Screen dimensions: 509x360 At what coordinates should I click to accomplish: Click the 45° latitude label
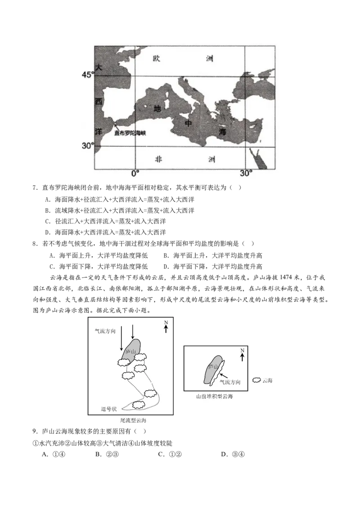tap(87, 75)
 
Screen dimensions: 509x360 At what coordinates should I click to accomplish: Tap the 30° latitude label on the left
tap(87, 146)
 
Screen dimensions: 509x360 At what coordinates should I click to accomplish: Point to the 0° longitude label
tap(135, 173)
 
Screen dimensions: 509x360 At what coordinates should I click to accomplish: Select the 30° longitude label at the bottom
tap(246, 173)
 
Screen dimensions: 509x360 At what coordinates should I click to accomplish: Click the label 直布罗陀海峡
tap(130, 133)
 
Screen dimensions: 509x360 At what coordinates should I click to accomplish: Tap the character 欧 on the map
tap(157, 58)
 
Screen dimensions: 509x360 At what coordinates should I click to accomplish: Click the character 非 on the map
tap(158, 159)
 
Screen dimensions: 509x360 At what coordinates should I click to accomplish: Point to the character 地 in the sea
tap(157, 109)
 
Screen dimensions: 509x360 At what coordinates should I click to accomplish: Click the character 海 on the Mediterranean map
tap(222, 132)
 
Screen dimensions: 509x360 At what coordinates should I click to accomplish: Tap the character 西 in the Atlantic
tap(99, 102)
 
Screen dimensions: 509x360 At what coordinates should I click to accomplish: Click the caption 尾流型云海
tap(133, 420)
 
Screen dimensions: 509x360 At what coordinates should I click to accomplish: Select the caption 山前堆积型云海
tap(214, 396)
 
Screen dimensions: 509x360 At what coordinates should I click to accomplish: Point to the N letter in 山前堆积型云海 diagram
tap(242, 350)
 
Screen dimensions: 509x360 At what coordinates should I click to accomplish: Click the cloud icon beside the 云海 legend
tap(256, 380)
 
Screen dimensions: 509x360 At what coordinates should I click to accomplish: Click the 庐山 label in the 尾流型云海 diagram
tap(130, 351)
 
